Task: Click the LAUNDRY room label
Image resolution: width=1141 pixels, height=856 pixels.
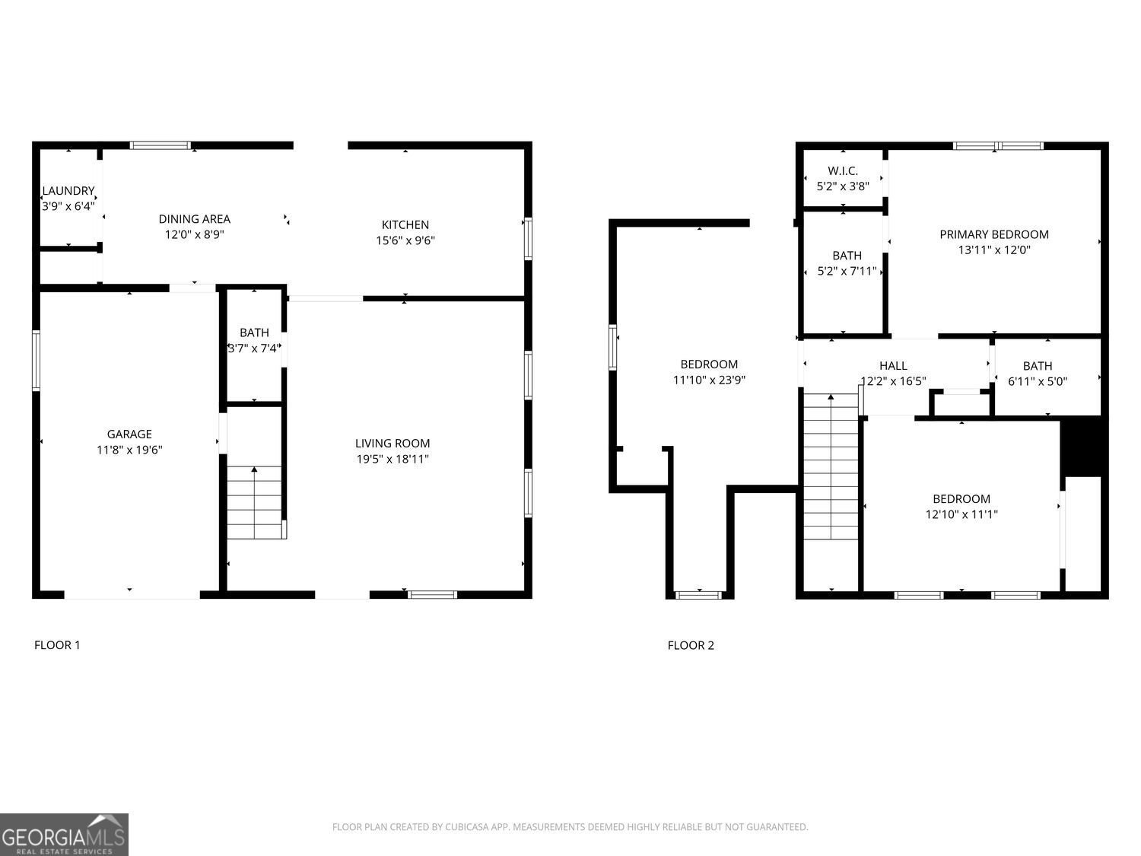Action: point(68,191)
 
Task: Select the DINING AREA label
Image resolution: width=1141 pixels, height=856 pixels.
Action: point(194,219)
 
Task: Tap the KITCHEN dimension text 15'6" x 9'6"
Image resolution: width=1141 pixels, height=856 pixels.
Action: point(405,240)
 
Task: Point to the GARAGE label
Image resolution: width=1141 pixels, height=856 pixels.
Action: point(129,434)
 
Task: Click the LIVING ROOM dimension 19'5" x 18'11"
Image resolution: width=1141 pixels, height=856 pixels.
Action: point(393,459)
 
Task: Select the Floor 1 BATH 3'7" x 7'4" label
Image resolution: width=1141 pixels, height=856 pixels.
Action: point(254,341)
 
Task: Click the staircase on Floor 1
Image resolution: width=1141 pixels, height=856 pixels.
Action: point(255,502)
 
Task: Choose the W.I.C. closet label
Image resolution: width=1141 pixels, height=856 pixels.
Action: point(843,171)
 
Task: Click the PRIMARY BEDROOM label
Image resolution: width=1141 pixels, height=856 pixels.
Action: point(993,234)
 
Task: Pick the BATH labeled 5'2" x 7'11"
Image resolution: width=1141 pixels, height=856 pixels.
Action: point(847,263)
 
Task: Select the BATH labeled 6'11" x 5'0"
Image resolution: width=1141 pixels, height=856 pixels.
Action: point(1038,374)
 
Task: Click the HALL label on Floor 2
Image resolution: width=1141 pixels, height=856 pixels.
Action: point(893,366)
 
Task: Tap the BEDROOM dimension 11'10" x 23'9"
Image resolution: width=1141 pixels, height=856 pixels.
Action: point(709,380)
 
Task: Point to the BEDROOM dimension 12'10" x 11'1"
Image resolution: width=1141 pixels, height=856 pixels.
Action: point(961,514)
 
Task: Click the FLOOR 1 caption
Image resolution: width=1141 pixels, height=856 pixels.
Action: point(57,645)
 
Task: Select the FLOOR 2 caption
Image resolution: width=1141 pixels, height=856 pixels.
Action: point(691,645)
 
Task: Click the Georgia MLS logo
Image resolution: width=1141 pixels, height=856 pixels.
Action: point(64,835)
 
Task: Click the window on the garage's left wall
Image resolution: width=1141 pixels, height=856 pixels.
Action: point(36,361)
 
